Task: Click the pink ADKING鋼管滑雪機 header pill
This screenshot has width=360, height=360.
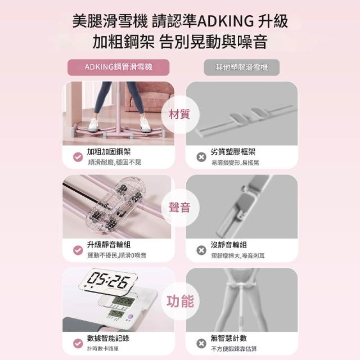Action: click(118, 67)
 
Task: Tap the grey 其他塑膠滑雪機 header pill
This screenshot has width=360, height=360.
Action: click(241, 67)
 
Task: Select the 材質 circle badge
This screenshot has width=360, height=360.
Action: click(179, 114)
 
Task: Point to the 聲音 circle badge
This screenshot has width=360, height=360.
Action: click(179, 208)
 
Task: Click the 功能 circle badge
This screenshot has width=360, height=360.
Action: click(180, 301)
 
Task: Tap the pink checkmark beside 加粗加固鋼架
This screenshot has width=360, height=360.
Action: click(78, 157)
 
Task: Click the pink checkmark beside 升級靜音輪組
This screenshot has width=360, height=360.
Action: click(78, 250)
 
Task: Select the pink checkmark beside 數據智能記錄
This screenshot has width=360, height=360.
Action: click(78, 344)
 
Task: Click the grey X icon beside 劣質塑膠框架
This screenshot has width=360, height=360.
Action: click(201, 157)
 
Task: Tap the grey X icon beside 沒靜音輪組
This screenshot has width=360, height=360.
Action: click(201, 250)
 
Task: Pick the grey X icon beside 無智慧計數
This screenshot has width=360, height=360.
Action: click(201, 344)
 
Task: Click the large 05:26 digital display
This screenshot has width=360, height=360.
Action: click(108, 281)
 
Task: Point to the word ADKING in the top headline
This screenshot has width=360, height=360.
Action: click(226, 21)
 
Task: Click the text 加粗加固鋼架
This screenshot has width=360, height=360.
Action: click(109, 151)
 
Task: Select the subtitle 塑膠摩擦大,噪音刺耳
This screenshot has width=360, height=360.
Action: click(238, 255)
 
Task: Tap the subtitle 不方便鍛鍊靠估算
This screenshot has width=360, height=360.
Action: click(234, 349)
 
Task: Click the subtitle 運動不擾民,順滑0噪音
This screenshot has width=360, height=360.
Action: click(117, 255)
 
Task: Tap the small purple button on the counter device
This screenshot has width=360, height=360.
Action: click(130, 316)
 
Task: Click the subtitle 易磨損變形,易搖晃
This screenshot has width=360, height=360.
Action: click(235, 163)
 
